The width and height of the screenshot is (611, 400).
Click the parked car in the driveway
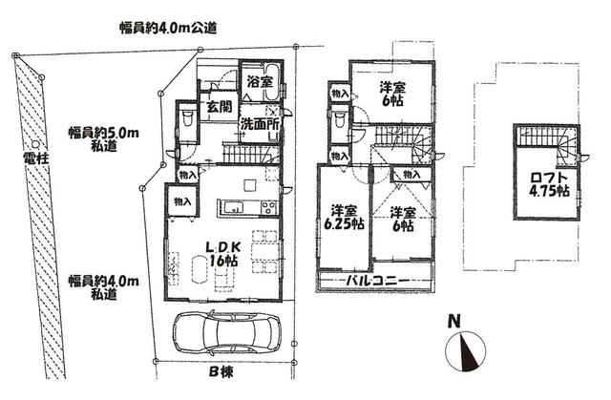point(226,333)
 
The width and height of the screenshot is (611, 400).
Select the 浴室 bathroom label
point(260,82)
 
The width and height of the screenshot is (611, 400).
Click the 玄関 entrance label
point(219,106)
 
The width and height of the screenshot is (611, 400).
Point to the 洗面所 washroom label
point(259,124)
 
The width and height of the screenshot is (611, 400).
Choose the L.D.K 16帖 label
point(222,254)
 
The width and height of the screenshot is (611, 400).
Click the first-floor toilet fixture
point(188,117)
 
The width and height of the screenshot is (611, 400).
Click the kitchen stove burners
point(269,207)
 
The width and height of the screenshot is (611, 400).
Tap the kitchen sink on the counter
point(233,207)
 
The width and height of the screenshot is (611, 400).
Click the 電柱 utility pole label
point(35,158)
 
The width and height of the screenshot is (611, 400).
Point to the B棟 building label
point(221,372)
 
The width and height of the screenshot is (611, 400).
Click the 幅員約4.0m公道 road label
point(168,29)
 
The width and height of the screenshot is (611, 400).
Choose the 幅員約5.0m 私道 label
point(104,139)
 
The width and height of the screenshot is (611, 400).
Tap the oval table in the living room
point(200,270)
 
